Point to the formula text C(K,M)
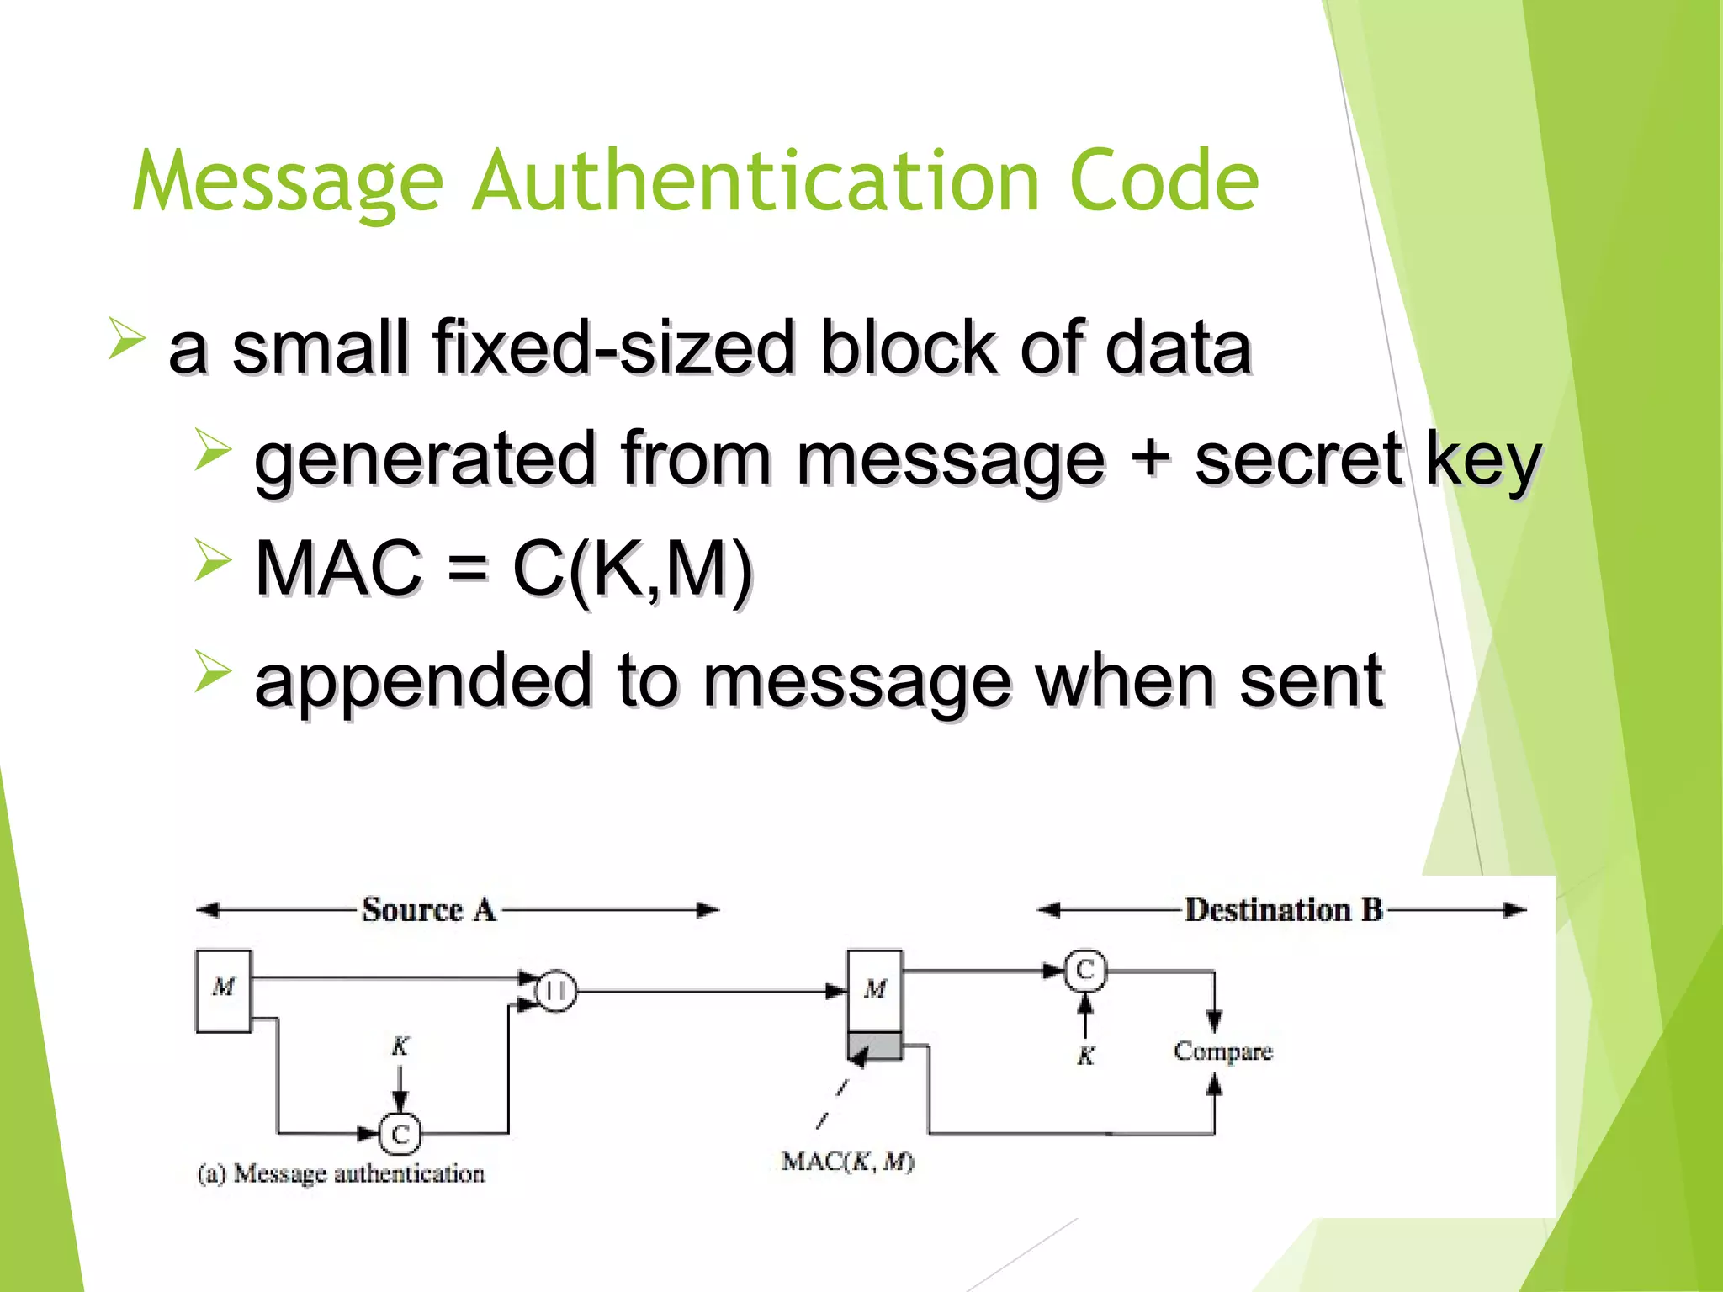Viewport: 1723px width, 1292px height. point(633,569)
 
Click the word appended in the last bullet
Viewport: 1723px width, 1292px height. point(423,680)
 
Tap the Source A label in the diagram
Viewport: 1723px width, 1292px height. point(429,910)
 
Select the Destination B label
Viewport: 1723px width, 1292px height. point(1284,910)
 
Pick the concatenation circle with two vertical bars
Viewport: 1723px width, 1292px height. point(556,992)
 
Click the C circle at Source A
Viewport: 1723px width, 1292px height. point(400,1134)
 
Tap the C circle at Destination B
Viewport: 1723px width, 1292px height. point(1085,970)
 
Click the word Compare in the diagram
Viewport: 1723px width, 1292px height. point(1223,1051)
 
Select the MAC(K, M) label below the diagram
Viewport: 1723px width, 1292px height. point(847,1162)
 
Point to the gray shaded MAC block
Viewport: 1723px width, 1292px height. point(875,1046)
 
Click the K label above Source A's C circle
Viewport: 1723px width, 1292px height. point(400,1046)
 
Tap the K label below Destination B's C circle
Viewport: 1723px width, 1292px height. point(1086,1056)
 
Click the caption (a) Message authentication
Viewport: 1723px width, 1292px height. point(341,1173)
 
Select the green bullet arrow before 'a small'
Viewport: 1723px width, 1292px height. point(126,339)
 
